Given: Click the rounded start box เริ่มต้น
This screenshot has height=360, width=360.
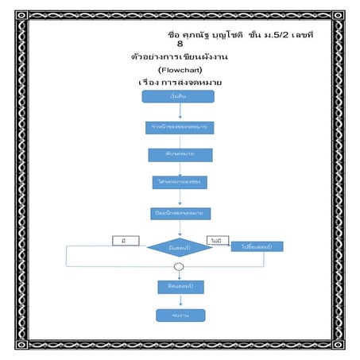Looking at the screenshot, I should pyautogui.click(x=179, y=96).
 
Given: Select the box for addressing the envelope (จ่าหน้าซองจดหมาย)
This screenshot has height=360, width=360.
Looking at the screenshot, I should pyautogui.click(x=179, y=127).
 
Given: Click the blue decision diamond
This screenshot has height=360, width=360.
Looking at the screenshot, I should pyautogui.click(x=179, y=247).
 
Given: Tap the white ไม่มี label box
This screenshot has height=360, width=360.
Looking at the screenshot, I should pyautogui.click(x=215, y=239).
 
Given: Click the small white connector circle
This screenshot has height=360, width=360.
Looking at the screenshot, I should pyautogui.click(x=179, y=267).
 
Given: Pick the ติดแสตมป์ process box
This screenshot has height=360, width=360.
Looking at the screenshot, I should pyautogui.click(x=181, y=285).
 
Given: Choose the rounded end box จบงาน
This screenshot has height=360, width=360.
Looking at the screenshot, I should pyautogui.click(x=180, y=315).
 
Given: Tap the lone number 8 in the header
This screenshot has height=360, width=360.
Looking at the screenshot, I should pyautogui.click(x=180, y=45).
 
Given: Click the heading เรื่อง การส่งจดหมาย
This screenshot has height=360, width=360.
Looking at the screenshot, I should pyautogui.click(x=180, y=83).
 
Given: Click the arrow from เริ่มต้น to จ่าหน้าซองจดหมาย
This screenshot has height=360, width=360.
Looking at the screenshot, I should pyautogui.click(x=180, y=111).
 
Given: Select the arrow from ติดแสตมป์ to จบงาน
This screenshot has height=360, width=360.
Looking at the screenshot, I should pyautogui.click(x=180, y=300).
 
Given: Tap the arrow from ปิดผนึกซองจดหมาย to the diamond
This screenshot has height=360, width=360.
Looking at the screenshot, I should pyautogui.click(x=180, y=228).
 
